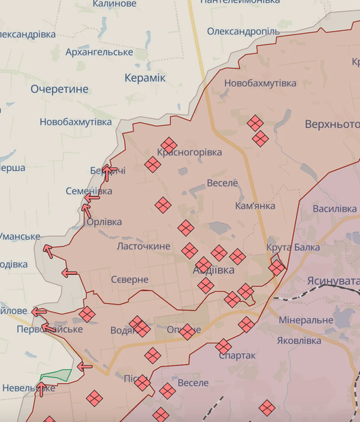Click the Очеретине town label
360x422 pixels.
point(60,89)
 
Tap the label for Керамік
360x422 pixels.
point(144,77)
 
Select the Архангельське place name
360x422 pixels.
point(99,52)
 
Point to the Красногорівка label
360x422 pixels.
point(190,152)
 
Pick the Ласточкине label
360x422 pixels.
point(143,246)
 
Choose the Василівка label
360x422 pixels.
point(335,209)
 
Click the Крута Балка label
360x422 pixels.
point(293,247)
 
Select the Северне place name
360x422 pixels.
point(129,279)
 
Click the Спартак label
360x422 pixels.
point(237,355)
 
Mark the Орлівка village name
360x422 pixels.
point(103,222)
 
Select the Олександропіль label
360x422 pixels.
point(244,32)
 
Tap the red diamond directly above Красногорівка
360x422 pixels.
point(169,144)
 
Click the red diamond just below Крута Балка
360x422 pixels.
point(277,267)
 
